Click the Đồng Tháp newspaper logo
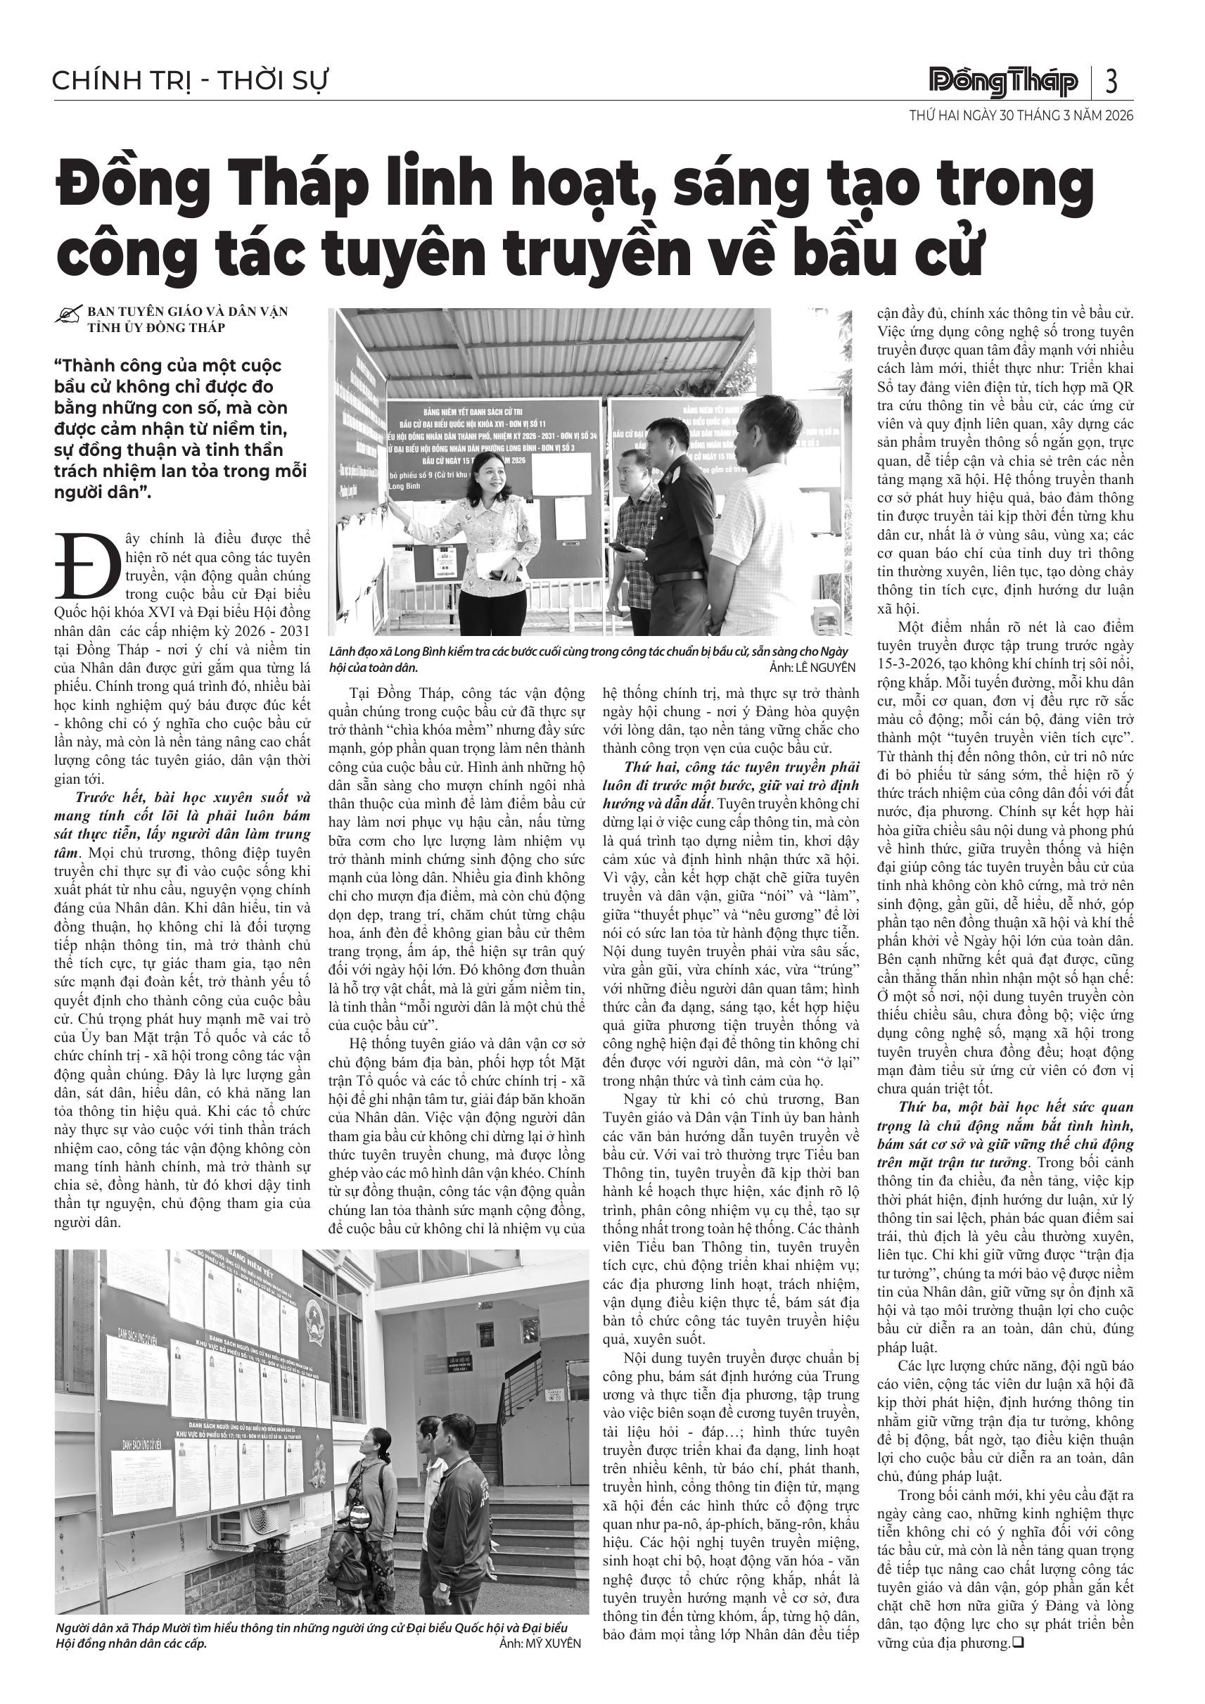tap(1003, 82)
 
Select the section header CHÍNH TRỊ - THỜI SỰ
tap(190, 81)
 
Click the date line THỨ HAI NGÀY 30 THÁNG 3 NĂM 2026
tap(1021, 116)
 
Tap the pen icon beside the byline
tap(68, 315)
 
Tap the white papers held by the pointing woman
tap(492, 566)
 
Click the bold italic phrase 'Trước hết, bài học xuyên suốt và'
tap(192, 798)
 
